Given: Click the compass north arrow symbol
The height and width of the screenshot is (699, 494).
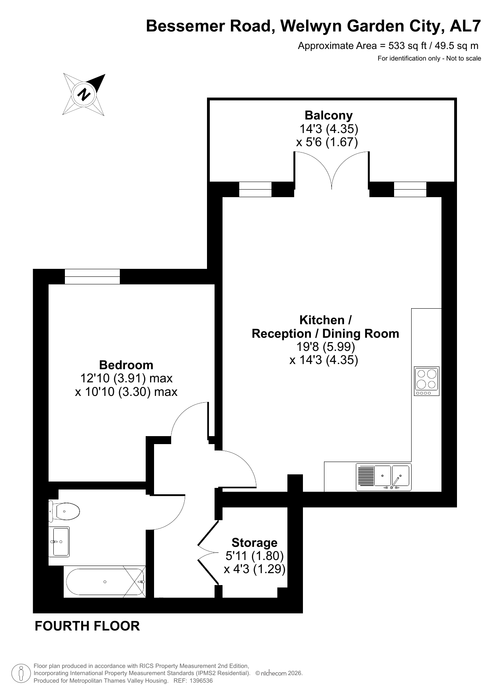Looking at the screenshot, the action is [x=84, y=95].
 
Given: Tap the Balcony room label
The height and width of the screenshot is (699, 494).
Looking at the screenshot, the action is [x=328, y=116].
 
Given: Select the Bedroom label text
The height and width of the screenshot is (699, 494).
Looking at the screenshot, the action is [x=126, y=365].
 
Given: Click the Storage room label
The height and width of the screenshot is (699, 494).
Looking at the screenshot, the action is [x=254, y=542].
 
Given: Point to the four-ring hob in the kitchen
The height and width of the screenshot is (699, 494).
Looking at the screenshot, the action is [x=427, y=381].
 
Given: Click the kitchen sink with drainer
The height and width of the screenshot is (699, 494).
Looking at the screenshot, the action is [x=384, y=477].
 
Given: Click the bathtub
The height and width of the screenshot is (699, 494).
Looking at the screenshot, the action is [x=105, y=582].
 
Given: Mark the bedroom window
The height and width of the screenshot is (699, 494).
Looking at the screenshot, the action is [x=92, y=276].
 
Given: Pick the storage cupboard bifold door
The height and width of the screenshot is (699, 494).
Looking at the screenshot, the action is [x=208, y=552].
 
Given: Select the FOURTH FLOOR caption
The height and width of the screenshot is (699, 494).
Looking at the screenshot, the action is [x=87, y=626].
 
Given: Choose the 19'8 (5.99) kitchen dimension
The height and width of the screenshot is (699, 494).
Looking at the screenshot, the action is [x=326, y=347].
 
